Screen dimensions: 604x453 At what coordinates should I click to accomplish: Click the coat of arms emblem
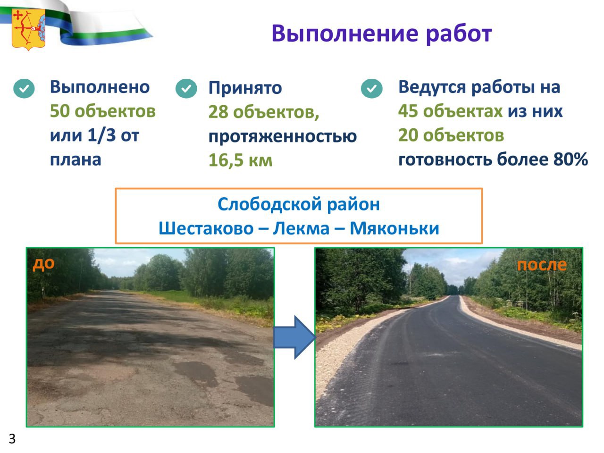tap(29, 30)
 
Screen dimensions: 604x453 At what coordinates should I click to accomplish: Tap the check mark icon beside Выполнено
tap(24, 89)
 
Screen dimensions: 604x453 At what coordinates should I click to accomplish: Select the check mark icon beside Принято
tap(186, 89)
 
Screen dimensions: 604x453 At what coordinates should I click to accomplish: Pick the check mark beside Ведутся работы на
tap(371, 89)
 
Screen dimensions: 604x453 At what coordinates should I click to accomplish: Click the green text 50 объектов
tap(103, 111)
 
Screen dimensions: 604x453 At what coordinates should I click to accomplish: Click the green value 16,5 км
tap(241, 160)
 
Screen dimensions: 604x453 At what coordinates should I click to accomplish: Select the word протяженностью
tap(283, 136)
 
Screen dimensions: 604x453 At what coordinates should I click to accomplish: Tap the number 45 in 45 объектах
tap(408, 111)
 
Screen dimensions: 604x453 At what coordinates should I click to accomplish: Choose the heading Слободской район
tap(299, 204)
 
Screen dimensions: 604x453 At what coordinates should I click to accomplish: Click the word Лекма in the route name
tap(301, 228)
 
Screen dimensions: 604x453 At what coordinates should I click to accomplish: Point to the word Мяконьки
tap(394, 228)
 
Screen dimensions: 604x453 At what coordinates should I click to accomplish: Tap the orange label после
tap(542, 265)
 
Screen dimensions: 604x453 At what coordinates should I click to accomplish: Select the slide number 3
tap(12, 439)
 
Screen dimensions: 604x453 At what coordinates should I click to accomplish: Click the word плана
tap(75, 160)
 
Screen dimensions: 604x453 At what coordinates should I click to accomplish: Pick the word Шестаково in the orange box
tap(206, 228)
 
